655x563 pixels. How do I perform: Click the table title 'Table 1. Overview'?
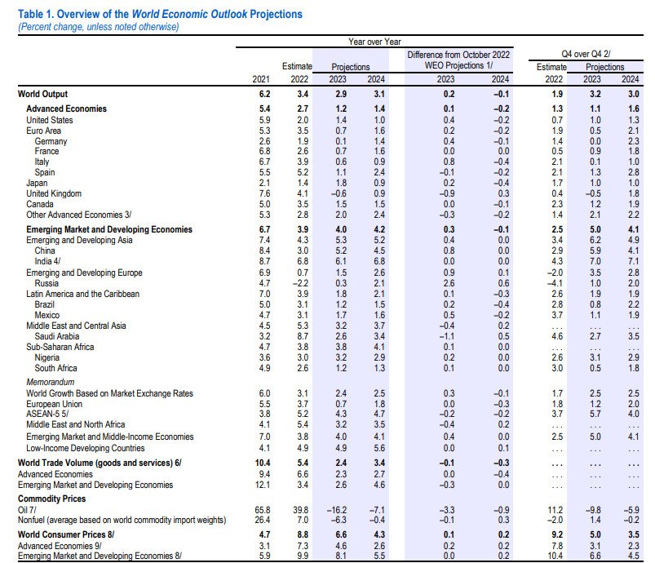pos(73,14)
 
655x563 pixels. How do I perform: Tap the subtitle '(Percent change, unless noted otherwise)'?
pos(99,27)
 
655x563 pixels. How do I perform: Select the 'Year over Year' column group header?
pos(374,42)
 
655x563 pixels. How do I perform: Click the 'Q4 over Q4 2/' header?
pos(586,54)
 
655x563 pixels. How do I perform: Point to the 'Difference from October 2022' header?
pos(458,55)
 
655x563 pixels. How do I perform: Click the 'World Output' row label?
pos(42,94)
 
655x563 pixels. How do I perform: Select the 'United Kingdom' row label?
pos(54,193)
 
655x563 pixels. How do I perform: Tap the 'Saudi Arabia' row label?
pos(57,336)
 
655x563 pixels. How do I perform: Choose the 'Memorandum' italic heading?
pos(50,382)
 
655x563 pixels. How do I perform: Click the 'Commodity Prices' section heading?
pos(52,499)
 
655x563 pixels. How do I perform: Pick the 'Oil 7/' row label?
pos(27,510)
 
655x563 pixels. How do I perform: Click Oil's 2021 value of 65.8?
pos(263,510)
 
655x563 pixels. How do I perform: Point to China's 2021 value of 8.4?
pos(264,250)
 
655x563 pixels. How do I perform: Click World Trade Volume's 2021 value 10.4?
pos(263,463)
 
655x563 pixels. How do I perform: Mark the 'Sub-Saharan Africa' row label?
pos(60,347)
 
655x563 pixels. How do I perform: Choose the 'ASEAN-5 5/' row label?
pos(47,414)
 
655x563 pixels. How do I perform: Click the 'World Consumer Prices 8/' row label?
pos(66,534)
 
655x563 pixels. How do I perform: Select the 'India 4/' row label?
pos(47,261)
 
